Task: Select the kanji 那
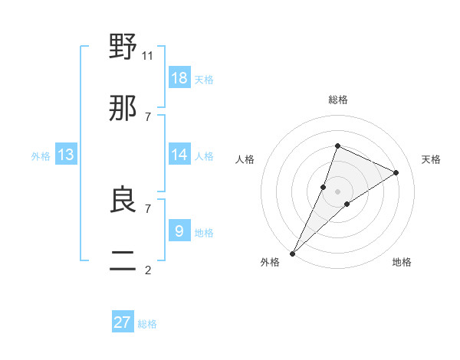(123, 108)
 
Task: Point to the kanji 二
(123, 261)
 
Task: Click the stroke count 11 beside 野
(148, 55)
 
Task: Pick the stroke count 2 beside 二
(148, 270)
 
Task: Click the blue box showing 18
(179, 78)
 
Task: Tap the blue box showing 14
(179, 155)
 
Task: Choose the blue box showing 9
(179, 231)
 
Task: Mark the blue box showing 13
(66, 155)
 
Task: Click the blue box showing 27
(123, 322)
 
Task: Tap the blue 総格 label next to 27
(147, 324)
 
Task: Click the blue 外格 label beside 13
(41, 156)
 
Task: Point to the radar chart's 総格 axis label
(338, 100)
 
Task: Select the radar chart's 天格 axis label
(432, 159)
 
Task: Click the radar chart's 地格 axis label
(402, 262)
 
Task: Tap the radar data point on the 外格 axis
(292, 254)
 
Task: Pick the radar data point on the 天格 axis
(396, 172)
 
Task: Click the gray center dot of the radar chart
(338, 191)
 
